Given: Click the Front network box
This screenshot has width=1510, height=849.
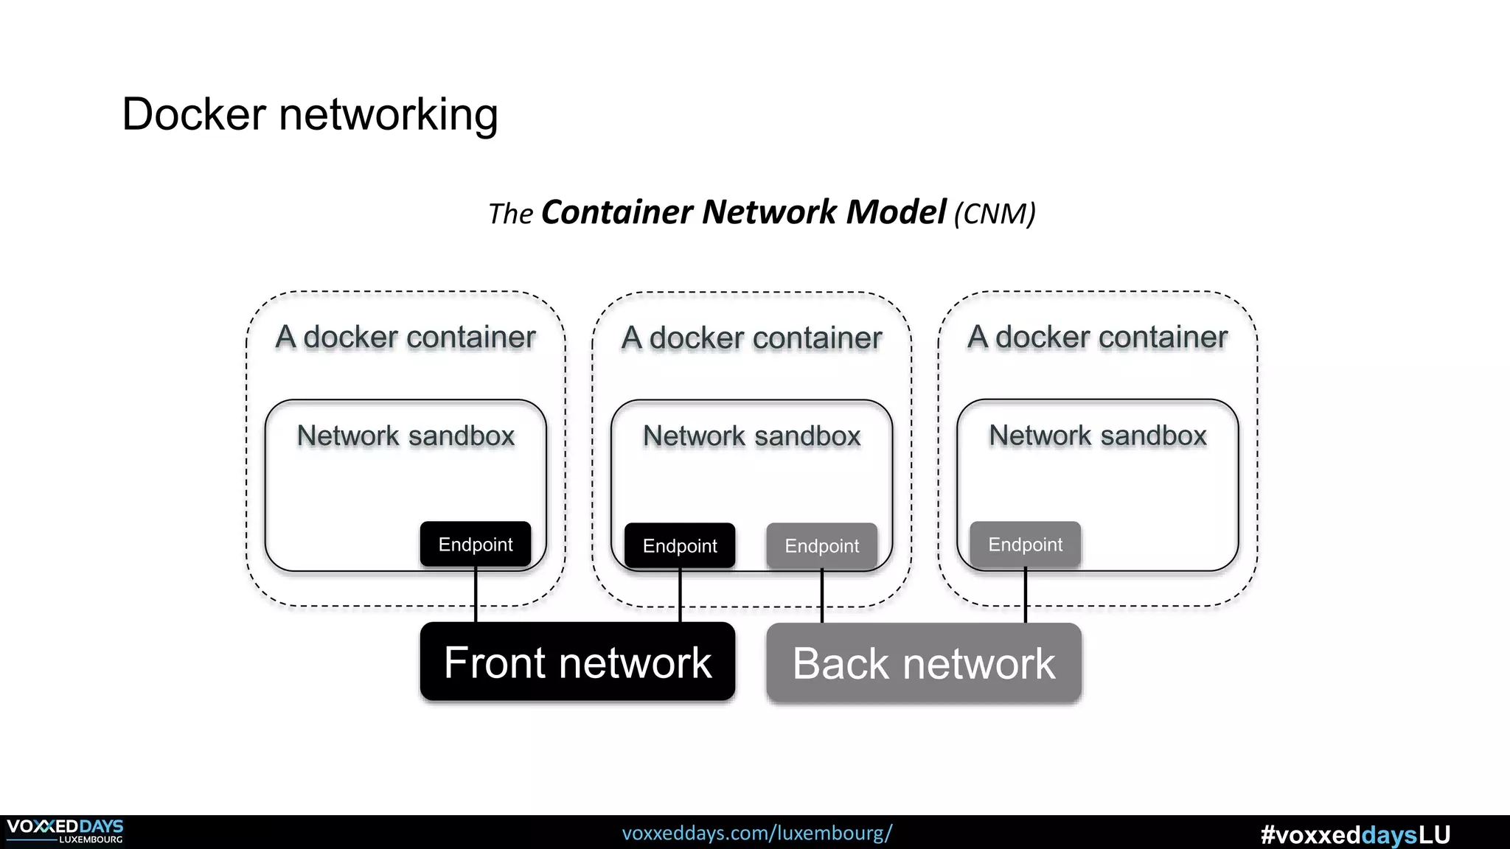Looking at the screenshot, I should (x=577, y=662).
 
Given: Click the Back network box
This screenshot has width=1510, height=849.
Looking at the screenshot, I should (x=924, y=663).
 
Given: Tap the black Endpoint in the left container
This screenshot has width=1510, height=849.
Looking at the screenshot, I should (x=476, y=545).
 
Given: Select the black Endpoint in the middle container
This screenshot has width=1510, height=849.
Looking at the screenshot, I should (x=680, y=546).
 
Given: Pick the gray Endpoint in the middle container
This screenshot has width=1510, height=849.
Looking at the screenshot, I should (x=821, y=546).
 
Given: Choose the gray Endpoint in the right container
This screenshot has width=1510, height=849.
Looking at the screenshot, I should (x=1025, y=545).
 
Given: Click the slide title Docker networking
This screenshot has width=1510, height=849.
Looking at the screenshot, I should (x=310, y=114).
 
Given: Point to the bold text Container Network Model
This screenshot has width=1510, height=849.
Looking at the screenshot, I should (x=742, y=212).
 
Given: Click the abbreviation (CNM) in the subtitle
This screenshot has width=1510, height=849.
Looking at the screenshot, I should (x=995, y=214).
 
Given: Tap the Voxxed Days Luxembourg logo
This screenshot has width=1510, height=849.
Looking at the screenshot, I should (x=65, y=831).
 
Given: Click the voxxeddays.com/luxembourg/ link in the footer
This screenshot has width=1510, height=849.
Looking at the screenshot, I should (x=757, y=833).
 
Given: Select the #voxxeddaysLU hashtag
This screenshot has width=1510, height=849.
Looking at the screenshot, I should (x=1355, y=834).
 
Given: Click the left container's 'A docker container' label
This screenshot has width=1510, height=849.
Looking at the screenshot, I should (x=406, y=337).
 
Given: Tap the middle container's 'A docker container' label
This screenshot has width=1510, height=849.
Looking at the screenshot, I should (x=751, y=338).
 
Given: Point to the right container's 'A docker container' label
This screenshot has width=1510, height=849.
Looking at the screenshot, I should (x=1097, y=337).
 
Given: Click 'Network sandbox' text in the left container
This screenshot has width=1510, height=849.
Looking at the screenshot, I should (x=406, y=436).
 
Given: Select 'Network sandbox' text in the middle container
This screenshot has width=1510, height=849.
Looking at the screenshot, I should (x=751, y=436).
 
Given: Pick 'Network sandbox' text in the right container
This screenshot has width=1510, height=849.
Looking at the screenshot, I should (x=1097, y=436).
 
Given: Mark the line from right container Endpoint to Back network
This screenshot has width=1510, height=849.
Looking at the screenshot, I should (x=1025, y=595).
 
